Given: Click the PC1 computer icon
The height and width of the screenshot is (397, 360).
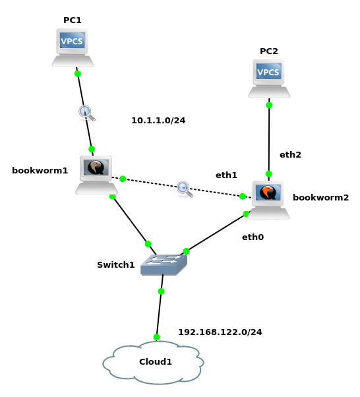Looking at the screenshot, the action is click(73, 47).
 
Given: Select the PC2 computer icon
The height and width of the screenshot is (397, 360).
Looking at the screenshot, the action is click(269, 78).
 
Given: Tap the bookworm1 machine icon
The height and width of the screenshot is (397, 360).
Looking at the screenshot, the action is click(96, 175).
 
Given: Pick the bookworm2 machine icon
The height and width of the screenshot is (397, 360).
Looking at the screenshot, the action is click(268, 200).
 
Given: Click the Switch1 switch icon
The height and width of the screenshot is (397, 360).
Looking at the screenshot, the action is click(164, 264).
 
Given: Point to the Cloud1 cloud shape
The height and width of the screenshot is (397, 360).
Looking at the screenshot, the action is click(153, 363).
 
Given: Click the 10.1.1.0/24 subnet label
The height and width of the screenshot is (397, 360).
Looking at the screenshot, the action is click(158, 121).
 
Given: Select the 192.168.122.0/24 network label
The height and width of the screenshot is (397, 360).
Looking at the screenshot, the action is click(220, 332).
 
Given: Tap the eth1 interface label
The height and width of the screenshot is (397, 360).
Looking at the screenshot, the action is click(226, 175).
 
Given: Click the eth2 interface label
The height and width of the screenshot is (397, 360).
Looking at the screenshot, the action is click(290, 155).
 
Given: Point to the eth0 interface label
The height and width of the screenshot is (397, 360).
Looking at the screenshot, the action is click(253, 237).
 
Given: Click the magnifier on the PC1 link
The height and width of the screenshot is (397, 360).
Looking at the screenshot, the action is click(87, 113).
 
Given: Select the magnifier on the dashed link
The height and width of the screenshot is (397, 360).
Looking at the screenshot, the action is click(185, 189).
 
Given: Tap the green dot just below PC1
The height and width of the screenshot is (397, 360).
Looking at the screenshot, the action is click(78, 74).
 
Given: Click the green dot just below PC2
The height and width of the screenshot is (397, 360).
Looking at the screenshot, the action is click(269, 105).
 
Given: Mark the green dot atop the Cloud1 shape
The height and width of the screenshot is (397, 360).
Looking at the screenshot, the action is click(156, 337).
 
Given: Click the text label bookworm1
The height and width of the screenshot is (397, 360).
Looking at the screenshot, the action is click(40, 171).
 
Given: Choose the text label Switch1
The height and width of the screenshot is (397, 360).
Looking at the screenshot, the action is click(115, 265).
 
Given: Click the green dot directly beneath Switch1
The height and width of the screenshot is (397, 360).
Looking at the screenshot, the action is click(161, 291).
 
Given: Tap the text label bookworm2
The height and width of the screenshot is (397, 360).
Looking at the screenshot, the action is click(320, 197).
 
